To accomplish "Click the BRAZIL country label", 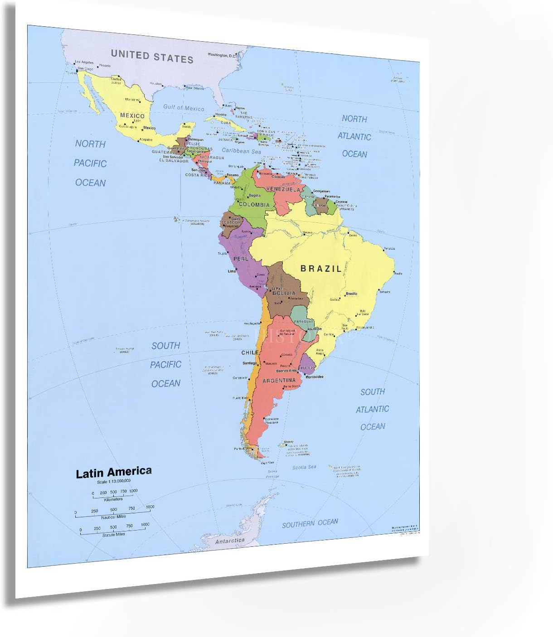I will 321,269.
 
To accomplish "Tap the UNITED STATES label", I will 152,57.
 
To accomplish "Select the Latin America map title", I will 114,473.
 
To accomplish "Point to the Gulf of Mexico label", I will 184,108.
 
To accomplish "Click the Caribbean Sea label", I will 241,151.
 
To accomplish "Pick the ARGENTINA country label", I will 279,381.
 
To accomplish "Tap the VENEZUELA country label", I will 283,189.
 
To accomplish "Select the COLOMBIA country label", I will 254,205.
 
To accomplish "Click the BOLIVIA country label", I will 284,293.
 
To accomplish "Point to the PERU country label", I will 241,259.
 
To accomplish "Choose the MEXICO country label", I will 132,116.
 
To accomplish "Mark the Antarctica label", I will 229,540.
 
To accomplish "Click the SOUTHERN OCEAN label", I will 310,523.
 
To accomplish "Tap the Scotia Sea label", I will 304,467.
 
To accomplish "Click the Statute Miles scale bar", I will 113,531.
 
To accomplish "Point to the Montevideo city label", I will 315,377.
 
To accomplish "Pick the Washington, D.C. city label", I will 222,55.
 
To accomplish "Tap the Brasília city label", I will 351,294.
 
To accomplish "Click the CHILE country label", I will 250,352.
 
